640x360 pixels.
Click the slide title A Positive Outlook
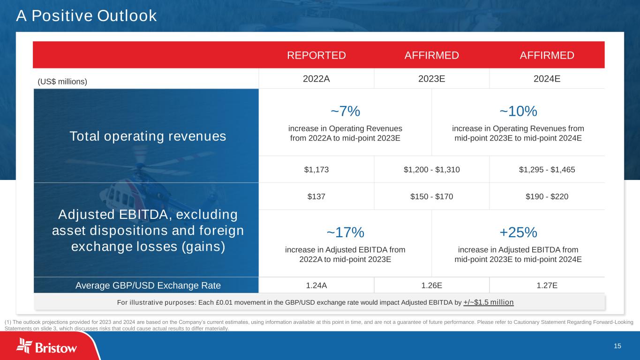(x=86, y=16)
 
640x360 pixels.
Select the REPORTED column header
(x=316, y=55)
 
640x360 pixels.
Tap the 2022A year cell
(x=316, y=79)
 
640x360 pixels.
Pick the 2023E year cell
(x=432, y=79)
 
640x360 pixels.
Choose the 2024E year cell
(x=547, y=79)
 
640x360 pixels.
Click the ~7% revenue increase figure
(x=345, y=112)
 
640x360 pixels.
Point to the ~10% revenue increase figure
(x=518, y=112)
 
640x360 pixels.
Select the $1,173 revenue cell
(x=316, y=170)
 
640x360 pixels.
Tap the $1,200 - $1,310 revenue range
(x=432, y=170)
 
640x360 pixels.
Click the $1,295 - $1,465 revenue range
(x=547, y=170)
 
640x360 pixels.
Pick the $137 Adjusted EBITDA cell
(x=316, y=196)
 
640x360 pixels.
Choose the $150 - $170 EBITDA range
(x=432, y=196)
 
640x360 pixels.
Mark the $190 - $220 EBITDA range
(x=547, y=196)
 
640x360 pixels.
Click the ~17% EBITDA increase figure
(x=345, y=232)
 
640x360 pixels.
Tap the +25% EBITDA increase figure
(x=518, y=232)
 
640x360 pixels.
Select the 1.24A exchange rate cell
(x=316, y=285)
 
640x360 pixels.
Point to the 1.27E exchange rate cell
(x=547, y=285)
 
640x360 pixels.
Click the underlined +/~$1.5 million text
(x=489, y=302)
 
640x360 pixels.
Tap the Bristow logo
(x=47, y=347)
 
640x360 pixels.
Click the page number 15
(x=617, y=346)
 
